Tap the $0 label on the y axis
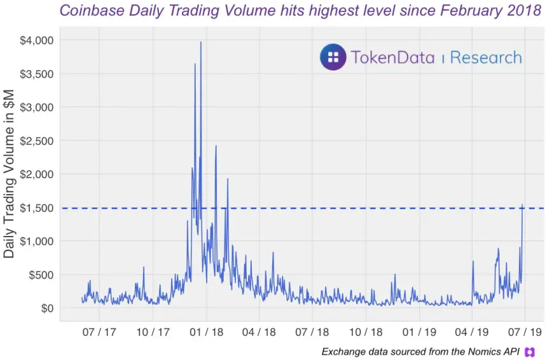coord(47,308)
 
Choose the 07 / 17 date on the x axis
coord(99,332)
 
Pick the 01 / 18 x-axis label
coord(206,332)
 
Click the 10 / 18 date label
coord(366,332)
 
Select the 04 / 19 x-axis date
coord(472,332)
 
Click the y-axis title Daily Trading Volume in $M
coord(10,174)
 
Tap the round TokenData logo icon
coord(333,57)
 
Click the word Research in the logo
coord(486,58)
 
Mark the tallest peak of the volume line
coord(201,43)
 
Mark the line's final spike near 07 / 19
coord(523,205)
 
